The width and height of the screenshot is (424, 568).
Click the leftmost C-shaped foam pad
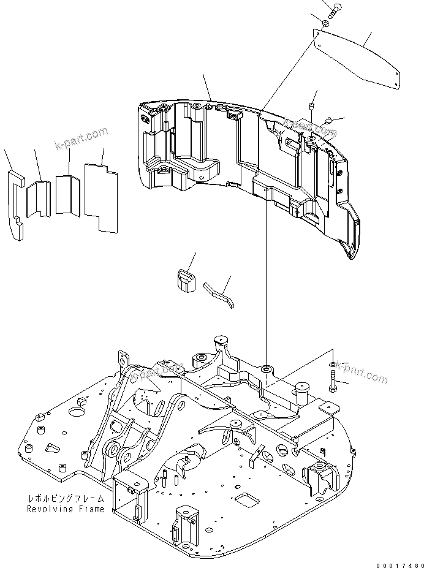click(17, 202)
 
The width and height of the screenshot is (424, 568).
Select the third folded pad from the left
click(67, 195)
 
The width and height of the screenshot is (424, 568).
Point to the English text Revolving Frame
click(65, 509)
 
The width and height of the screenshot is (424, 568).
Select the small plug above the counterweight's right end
click(312, 107)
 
